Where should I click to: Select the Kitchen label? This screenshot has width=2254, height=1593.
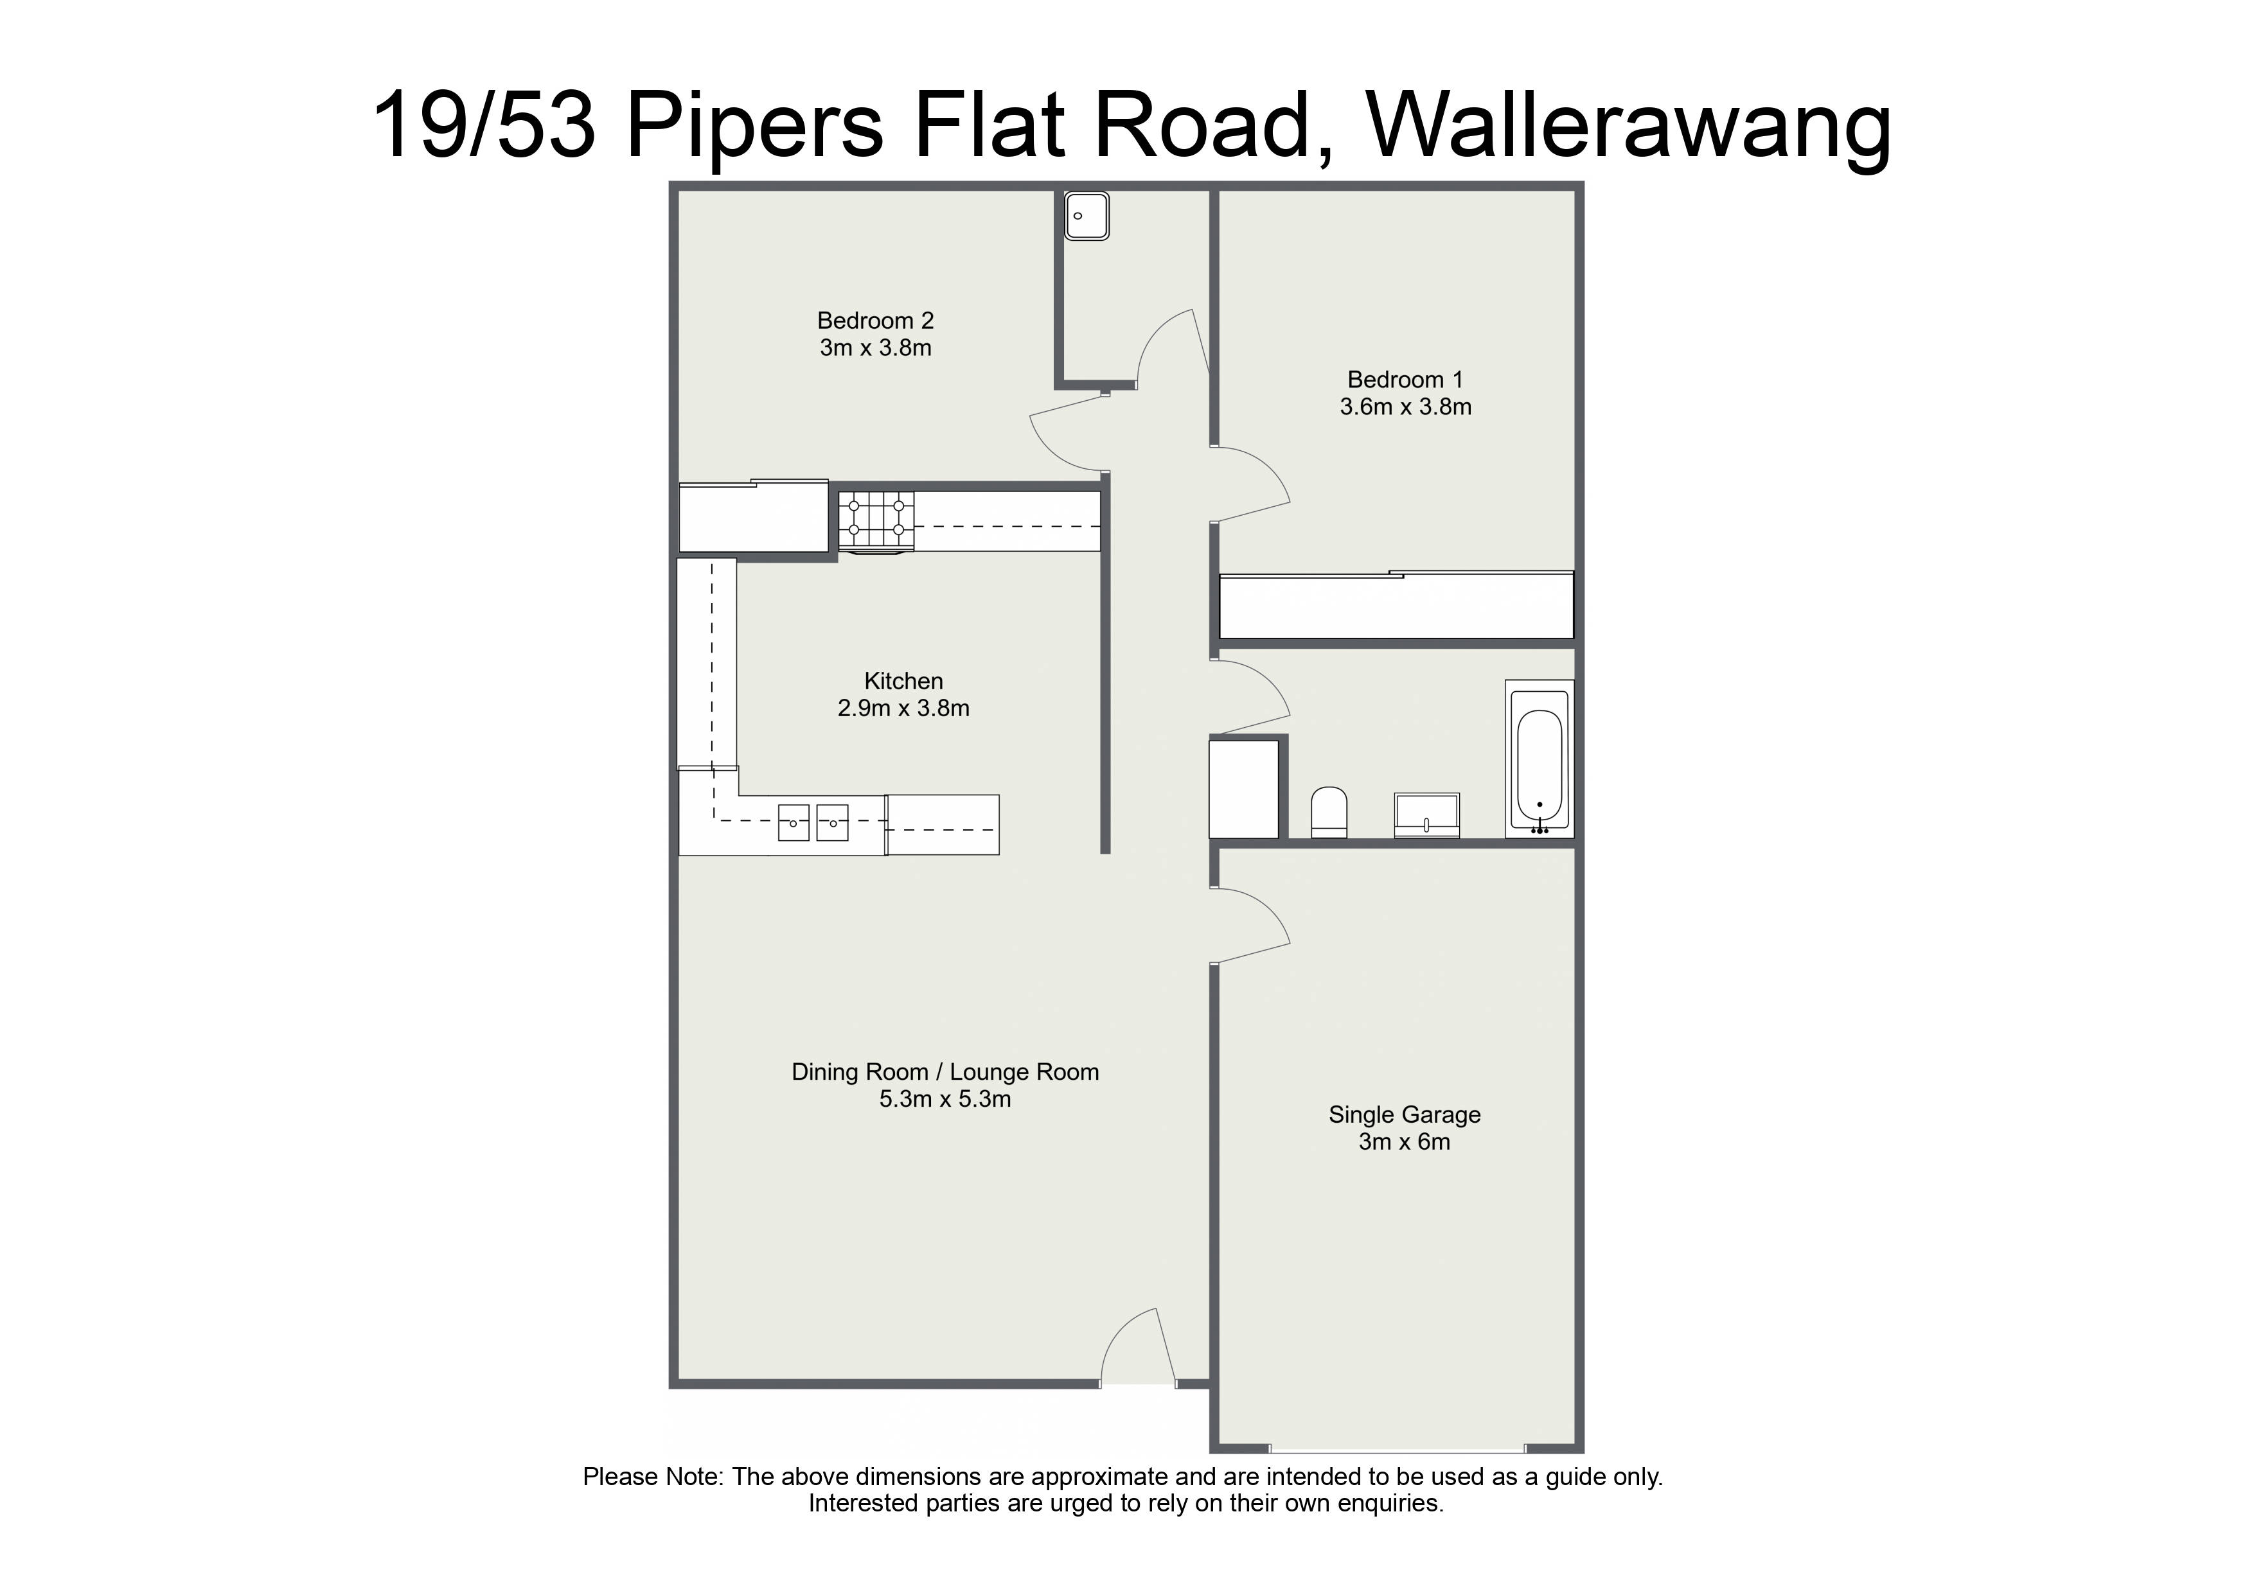click(903, 681)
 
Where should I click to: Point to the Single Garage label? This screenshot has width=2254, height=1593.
click(1404, 1115)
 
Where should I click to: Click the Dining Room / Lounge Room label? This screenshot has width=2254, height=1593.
click(945, 1072)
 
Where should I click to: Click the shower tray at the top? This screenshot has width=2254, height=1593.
click(1087, 216)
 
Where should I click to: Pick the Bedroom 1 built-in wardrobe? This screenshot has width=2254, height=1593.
click(1396, 606)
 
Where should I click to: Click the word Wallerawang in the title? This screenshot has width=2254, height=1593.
click(1629, 126)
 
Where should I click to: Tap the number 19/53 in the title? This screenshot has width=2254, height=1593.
click(485, 125)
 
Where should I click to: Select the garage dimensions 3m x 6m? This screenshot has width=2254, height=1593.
click(1404, 1143)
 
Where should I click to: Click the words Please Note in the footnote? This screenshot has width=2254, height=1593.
click(653, 1477)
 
